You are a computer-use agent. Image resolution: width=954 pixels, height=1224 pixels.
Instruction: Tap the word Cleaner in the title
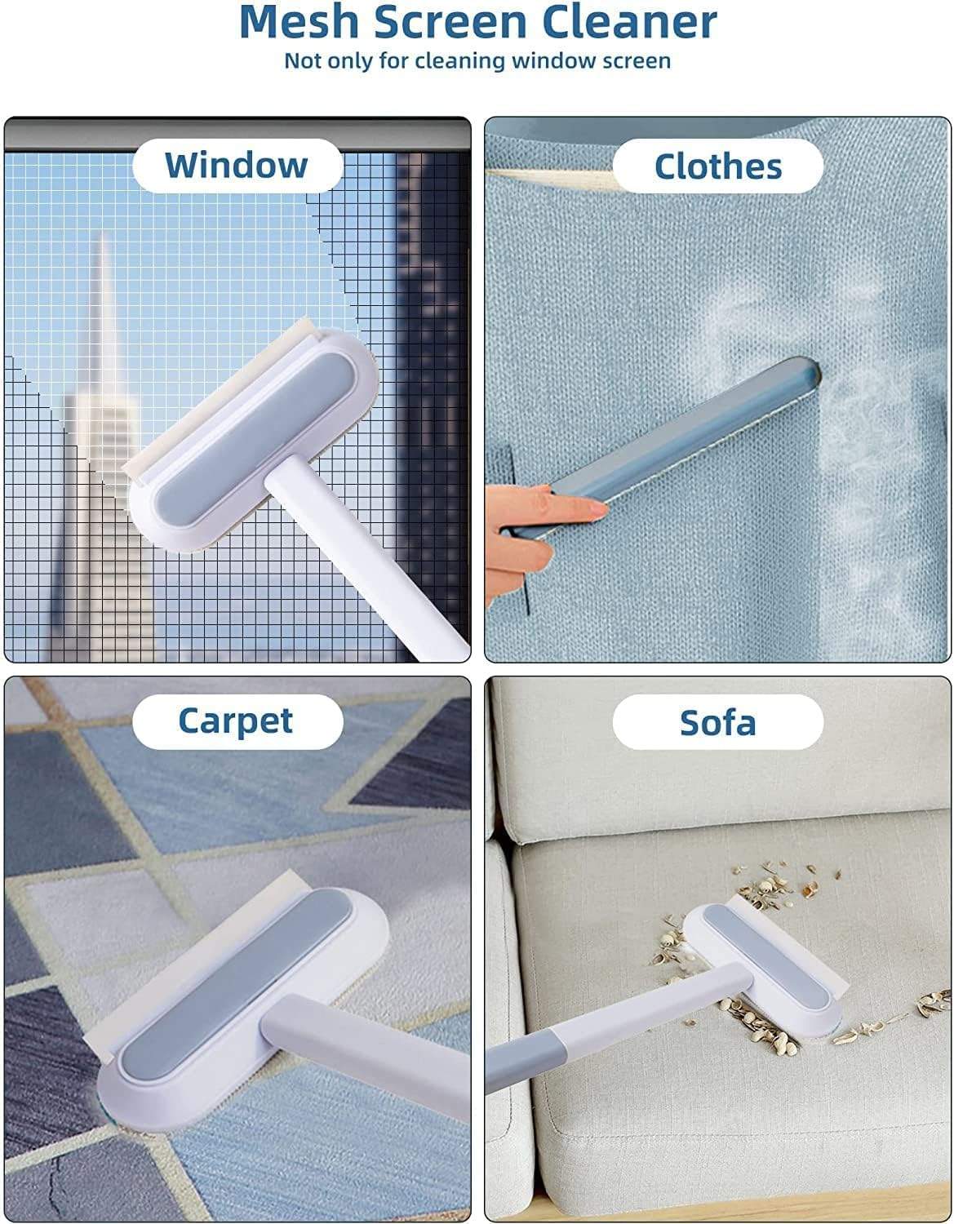tap(629, 21)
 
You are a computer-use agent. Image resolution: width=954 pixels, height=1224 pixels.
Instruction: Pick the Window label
tap(237, 166)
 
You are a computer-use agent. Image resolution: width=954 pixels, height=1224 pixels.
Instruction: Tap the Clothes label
tap(718, 166)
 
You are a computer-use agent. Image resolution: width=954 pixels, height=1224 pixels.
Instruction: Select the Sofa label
tap(717, 722)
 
